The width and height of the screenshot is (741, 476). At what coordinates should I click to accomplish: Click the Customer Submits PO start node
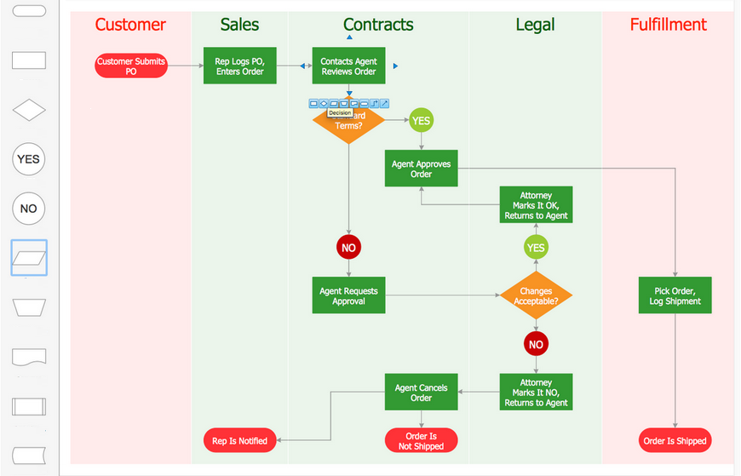pos(130,66)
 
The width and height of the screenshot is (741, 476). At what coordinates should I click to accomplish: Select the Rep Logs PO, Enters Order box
pos(239,66)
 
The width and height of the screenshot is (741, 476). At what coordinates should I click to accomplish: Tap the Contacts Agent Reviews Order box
pos(348,66)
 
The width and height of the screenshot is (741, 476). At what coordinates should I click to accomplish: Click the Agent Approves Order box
pos(421,169)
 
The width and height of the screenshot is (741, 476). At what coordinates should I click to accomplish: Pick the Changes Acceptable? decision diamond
pos(535,295)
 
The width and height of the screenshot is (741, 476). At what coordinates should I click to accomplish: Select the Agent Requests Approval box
pos(348,295)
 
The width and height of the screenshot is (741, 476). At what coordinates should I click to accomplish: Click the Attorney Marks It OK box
pos(535,206)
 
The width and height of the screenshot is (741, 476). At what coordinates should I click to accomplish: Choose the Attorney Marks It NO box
pos(535,393)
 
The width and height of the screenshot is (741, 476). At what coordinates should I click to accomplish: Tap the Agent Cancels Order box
pos(421,393)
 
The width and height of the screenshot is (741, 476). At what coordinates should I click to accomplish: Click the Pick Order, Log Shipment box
pos(675,295)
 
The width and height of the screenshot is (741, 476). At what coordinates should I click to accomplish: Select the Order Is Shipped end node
pos(675,440)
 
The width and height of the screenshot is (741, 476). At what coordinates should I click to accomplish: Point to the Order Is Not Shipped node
pos(421,440)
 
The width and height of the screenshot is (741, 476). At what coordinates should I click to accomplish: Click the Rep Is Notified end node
pos(239,440)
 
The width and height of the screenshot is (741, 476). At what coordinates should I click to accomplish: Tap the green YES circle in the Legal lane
pos(535,248)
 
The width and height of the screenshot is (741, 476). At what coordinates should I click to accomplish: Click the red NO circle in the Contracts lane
pos(348,248)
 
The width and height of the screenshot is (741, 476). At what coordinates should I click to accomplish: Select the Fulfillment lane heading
pos(668,25)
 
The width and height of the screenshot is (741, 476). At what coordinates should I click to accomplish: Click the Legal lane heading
pos(535,25)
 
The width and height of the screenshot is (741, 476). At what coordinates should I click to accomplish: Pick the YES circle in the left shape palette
pos(29,159)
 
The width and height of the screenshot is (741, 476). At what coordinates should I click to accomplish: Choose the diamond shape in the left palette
pos(29,111)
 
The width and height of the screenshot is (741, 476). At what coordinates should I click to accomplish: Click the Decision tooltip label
pos(340,112)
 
